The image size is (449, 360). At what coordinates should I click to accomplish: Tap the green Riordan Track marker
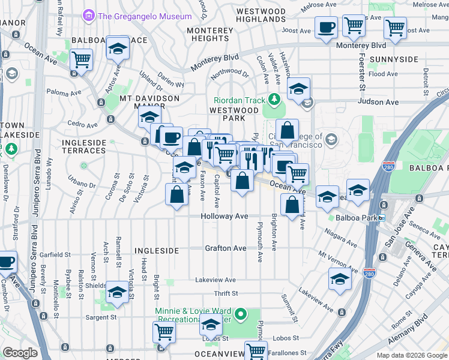pyautogui.click(x=274, y=98)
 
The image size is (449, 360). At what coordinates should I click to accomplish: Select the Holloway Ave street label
pyautogui.click(x=224, y=216)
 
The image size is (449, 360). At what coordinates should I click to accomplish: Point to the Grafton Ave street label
pyautogui.click(x=226, y=248)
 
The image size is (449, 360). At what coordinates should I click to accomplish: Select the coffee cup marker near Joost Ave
pyautogui.click(x=326, y=28)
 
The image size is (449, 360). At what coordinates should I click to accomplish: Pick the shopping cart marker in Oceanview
pyautogui.click(x=256, y=350)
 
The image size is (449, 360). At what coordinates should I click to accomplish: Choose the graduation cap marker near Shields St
pyautogui.click(x=117, y=292)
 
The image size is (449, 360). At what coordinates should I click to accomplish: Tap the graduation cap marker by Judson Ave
pyautogui.click(x=298, y=90)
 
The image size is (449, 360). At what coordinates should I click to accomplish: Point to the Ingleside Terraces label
pyautogui.click(x=84, y=147)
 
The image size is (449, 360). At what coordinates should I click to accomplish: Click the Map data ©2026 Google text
pyautogui.click(x=411, y=355)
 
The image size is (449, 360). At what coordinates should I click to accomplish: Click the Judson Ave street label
pyautogui.click(x=378, y=102)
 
